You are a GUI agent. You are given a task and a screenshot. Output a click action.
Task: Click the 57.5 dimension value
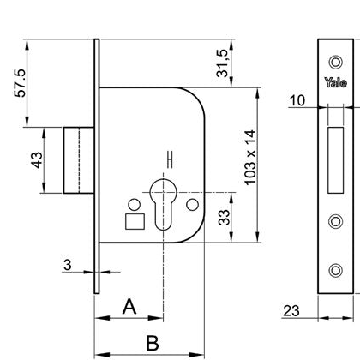click(x=21, y=83)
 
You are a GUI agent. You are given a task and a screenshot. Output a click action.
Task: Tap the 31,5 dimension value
click(x=222, y=63)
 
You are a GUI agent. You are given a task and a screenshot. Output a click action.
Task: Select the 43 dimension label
click(x=37, y=160)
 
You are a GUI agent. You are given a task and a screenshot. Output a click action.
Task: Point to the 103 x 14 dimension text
click(x=249, y=158)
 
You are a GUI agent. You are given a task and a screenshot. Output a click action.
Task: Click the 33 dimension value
click(x=224, y=218)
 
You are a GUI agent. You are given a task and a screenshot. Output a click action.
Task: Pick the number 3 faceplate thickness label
click(x=68, y=265)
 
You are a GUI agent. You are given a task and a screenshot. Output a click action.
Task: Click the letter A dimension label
click(x=129, y=307)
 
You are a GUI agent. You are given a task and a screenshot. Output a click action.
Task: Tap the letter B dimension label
click(x=153, y=343)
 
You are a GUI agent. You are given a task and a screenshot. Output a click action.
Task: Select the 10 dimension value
click(x=297, y=100)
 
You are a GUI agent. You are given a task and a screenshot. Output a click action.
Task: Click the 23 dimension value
click(x=291, y=311)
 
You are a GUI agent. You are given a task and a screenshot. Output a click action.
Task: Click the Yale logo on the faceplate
click(x=336, y=82)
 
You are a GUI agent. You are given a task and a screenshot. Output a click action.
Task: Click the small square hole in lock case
click(x=135, y=221)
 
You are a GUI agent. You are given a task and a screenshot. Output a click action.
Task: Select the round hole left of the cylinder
click(x=135, y=205)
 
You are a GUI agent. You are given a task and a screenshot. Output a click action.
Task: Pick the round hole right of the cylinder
click(x=192, y=205)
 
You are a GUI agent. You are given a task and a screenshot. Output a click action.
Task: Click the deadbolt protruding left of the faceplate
click(x=79, y=160)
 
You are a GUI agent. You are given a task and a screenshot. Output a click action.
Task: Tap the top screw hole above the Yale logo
click(x=336, y=62)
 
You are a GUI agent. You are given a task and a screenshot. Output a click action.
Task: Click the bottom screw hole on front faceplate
click(x=336, y=270)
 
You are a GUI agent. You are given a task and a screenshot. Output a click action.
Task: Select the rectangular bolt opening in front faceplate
click(x=336, y=160)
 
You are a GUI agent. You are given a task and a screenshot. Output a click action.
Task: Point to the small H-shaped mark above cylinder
click(x=171, y=159)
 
